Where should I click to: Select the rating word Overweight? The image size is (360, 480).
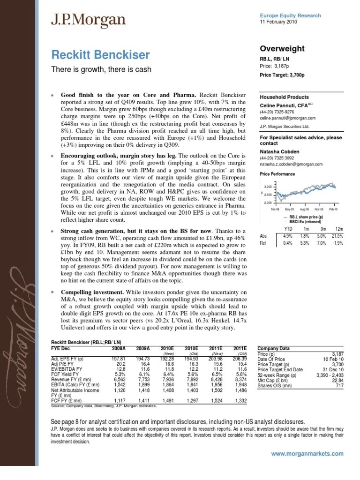282,49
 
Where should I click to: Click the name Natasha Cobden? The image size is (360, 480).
281,152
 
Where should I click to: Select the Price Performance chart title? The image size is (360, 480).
277,174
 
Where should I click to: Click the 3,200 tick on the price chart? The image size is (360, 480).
269,186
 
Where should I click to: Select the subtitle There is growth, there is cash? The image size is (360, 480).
100,70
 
